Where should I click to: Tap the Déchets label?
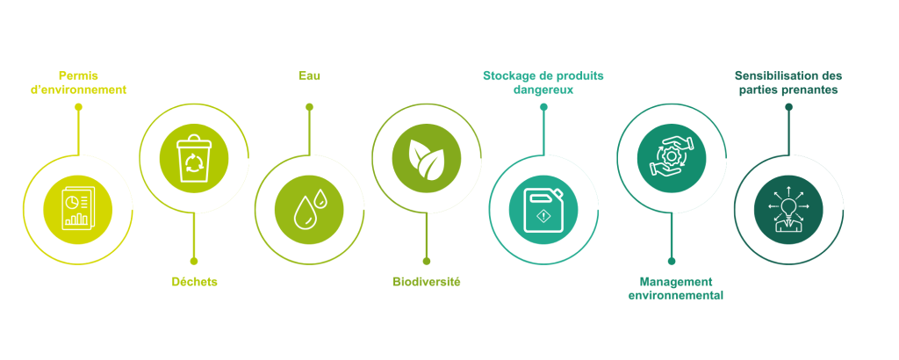[x=194, y=282]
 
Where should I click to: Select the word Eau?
[x=310, y=76]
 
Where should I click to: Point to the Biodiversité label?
[x=427, y=282]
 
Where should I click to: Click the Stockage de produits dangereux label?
[x=543, y=83]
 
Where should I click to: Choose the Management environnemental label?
[x=676, y=289]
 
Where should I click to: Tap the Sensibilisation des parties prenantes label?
[x=788, y=83]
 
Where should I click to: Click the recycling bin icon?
[x=194, y=158]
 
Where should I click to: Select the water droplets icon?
[x=310, y=209]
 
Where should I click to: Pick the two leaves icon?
[x=427, y=158]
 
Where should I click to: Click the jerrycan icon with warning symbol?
[x=543, y=210]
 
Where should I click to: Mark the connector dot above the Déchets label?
[x=194, y=262]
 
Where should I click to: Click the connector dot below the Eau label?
[x=310, y=106]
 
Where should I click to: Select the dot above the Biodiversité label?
[x=427, y=262]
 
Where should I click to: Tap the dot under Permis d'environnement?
[x=78, y=106]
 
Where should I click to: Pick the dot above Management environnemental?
[x=672, y=262]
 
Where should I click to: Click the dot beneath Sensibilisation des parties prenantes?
[x=788, y=106]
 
